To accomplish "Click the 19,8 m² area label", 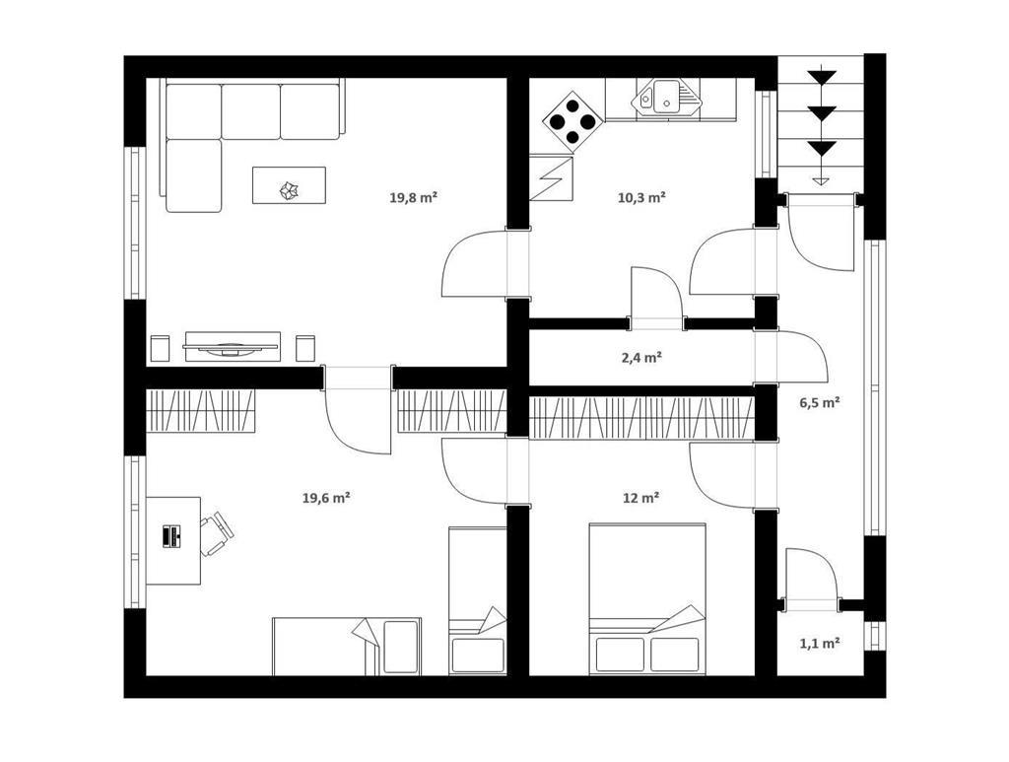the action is point(413,197).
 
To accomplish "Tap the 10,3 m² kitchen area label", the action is point(641,197).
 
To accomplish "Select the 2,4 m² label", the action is point(641,358).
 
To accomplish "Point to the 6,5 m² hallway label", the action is point(820,403).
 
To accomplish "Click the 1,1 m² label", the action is point(820,643).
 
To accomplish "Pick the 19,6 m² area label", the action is point(326,498).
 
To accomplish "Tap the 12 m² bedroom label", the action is point(640,498).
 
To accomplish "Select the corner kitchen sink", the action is point(664,98).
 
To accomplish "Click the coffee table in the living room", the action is point(289,185).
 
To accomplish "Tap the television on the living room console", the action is point(231,348).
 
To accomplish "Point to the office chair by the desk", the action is point(216,533).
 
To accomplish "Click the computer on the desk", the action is point(171,536).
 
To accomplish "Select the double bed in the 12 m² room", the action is point(646,599).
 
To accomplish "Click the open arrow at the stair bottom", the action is point(820,180).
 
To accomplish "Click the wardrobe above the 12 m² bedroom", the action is point(641,418).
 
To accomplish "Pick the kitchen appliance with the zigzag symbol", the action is point(551,177).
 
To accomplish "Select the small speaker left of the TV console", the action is point(159,348).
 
